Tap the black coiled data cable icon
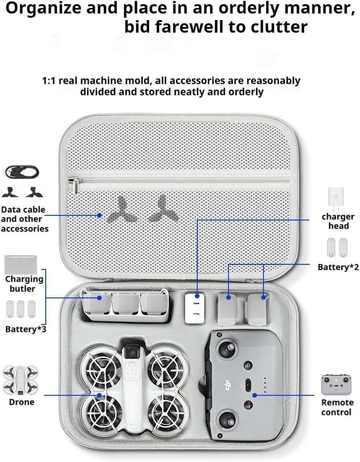click(x=22, y=172)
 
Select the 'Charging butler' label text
click(x=24, y=284)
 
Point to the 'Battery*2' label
click(x=338, y=267)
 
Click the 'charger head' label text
click(x=338, y=221)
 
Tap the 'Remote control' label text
click(x=337, y=407)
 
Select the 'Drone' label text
click(x=21, y=402)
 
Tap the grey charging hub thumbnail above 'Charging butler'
click(x=21, y=264)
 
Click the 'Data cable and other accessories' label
click(x=24, y=219)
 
